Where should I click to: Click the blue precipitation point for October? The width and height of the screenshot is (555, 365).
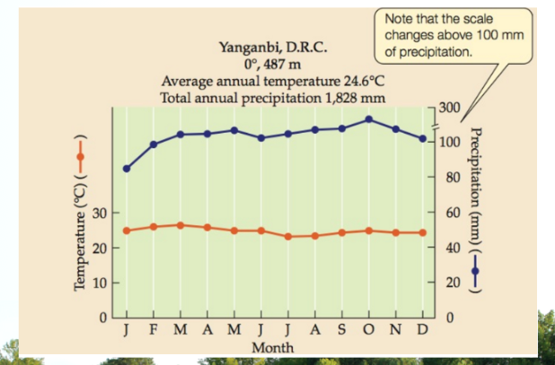tap(369, 119)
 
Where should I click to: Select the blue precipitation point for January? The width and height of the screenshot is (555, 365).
tap(127, 169)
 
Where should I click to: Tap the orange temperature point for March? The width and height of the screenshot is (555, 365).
tap(181, 225)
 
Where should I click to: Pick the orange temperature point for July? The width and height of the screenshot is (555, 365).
tap(288, 237)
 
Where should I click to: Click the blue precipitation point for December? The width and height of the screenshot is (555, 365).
tap(422, 138)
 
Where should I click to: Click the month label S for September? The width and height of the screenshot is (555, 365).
tap(341, 330)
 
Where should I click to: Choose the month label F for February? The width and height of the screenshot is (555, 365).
tap(154, 330)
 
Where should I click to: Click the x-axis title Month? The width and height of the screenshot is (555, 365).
tap(272, 348)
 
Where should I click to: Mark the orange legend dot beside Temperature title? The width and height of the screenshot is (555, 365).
tap(80, 157)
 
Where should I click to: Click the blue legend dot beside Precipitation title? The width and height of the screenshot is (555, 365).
tap(475, 271)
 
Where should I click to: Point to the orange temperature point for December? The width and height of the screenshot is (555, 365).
tap(422, 232)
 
